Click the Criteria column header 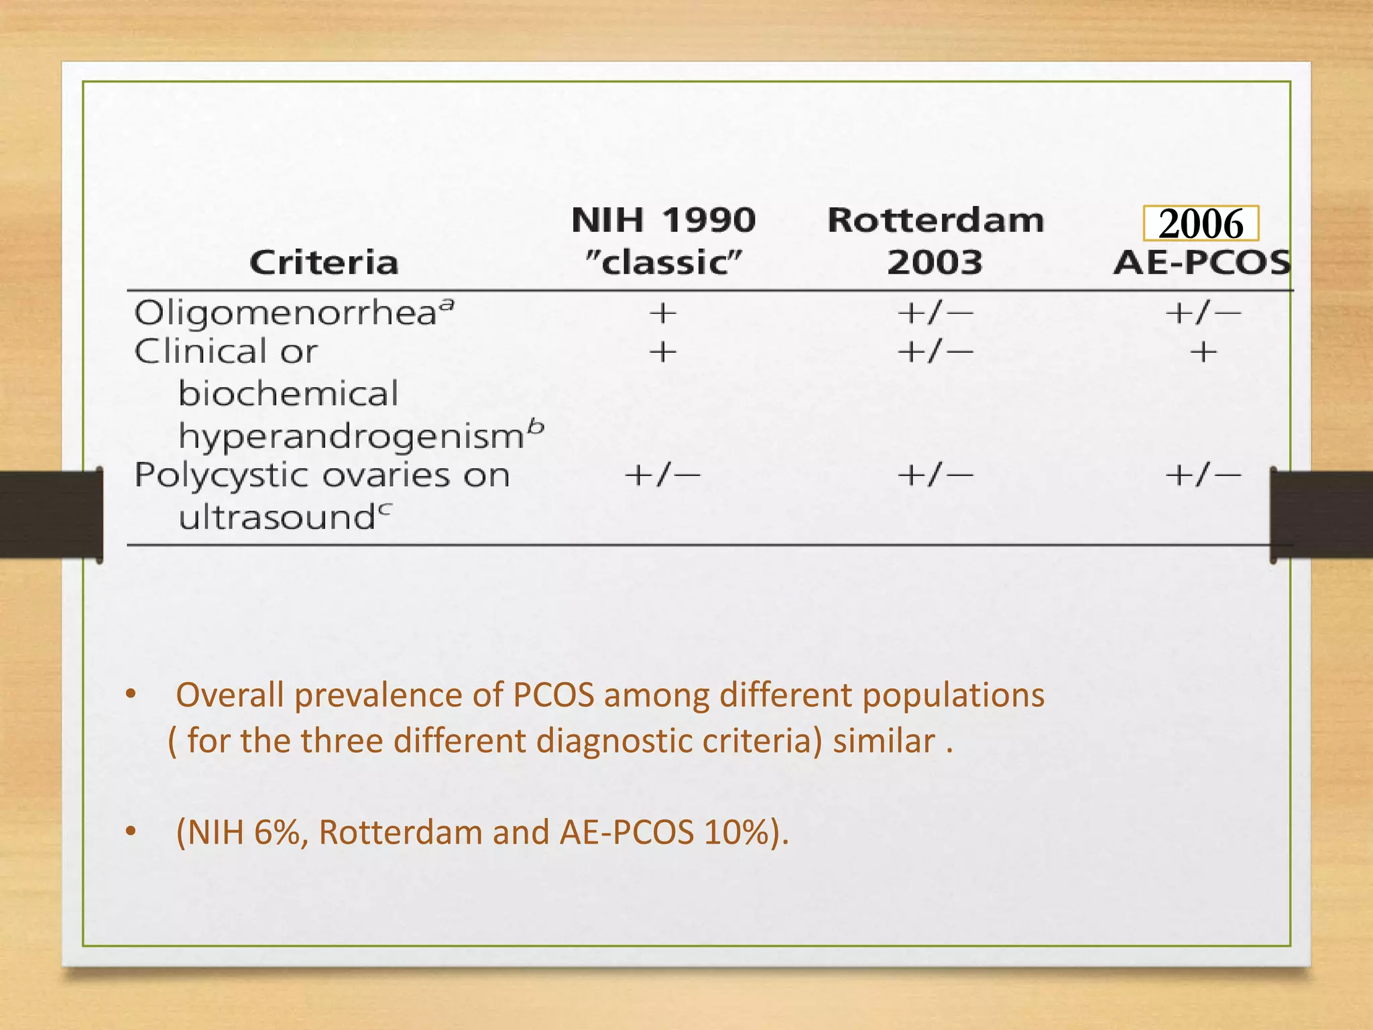point(324,262)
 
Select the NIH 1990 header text point(663,221)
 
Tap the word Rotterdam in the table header point(935,221)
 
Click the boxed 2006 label point(1201,223)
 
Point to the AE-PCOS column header point(1202,262)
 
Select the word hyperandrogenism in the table point(351,437)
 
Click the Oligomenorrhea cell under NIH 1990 point(663,313)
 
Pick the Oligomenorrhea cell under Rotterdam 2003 point(935,313)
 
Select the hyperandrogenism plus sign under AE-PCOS point(1203,352)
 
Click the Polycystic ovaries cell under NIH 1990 point(662,475)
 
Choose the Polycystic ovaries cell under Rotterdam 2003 point(935,475)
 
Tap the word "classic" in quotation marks point(663,262)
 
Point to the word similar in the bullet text point(884,742)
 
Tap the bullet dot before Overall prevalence point(131,695)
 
